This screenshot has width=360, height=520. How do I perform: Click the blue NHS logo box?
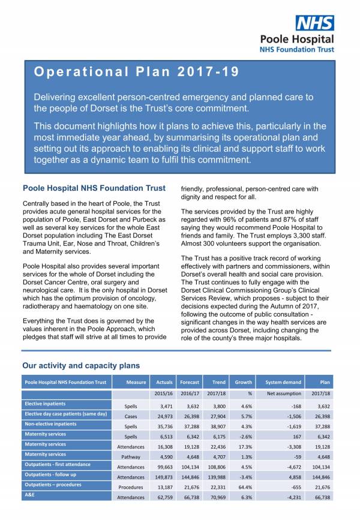point(314,23)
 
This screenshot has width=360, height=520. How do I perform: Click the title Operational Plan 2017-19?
point(136,72)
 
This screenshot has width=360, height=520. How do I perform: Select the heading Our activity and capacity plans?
point(81,365)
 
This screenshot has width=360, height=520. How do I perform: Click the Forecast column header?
point(190,382)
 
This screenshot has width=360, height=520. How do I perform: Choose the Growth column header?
point(243,382)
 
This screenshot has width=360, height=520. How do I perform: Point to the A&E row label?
point(29,495)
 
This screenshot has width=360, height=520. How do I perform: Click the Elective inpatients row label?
point(45,404)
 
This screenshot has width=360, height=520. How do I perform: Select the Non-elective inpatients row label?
point(50,424)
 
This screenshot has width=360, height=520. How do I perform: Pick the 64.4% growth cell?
point(244,487)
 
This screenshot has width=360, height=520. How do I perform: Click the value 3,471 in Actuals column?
point(163,406)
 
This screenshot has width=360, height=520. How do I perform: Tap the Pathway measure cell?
point(131,457)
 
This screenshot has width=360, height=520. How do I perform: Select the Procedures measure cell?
point(131,487)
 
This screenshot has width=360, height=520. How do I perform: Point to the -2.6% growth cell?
point(244,437)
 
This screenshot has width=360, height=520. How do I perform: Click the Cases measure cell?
point(131,416)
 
